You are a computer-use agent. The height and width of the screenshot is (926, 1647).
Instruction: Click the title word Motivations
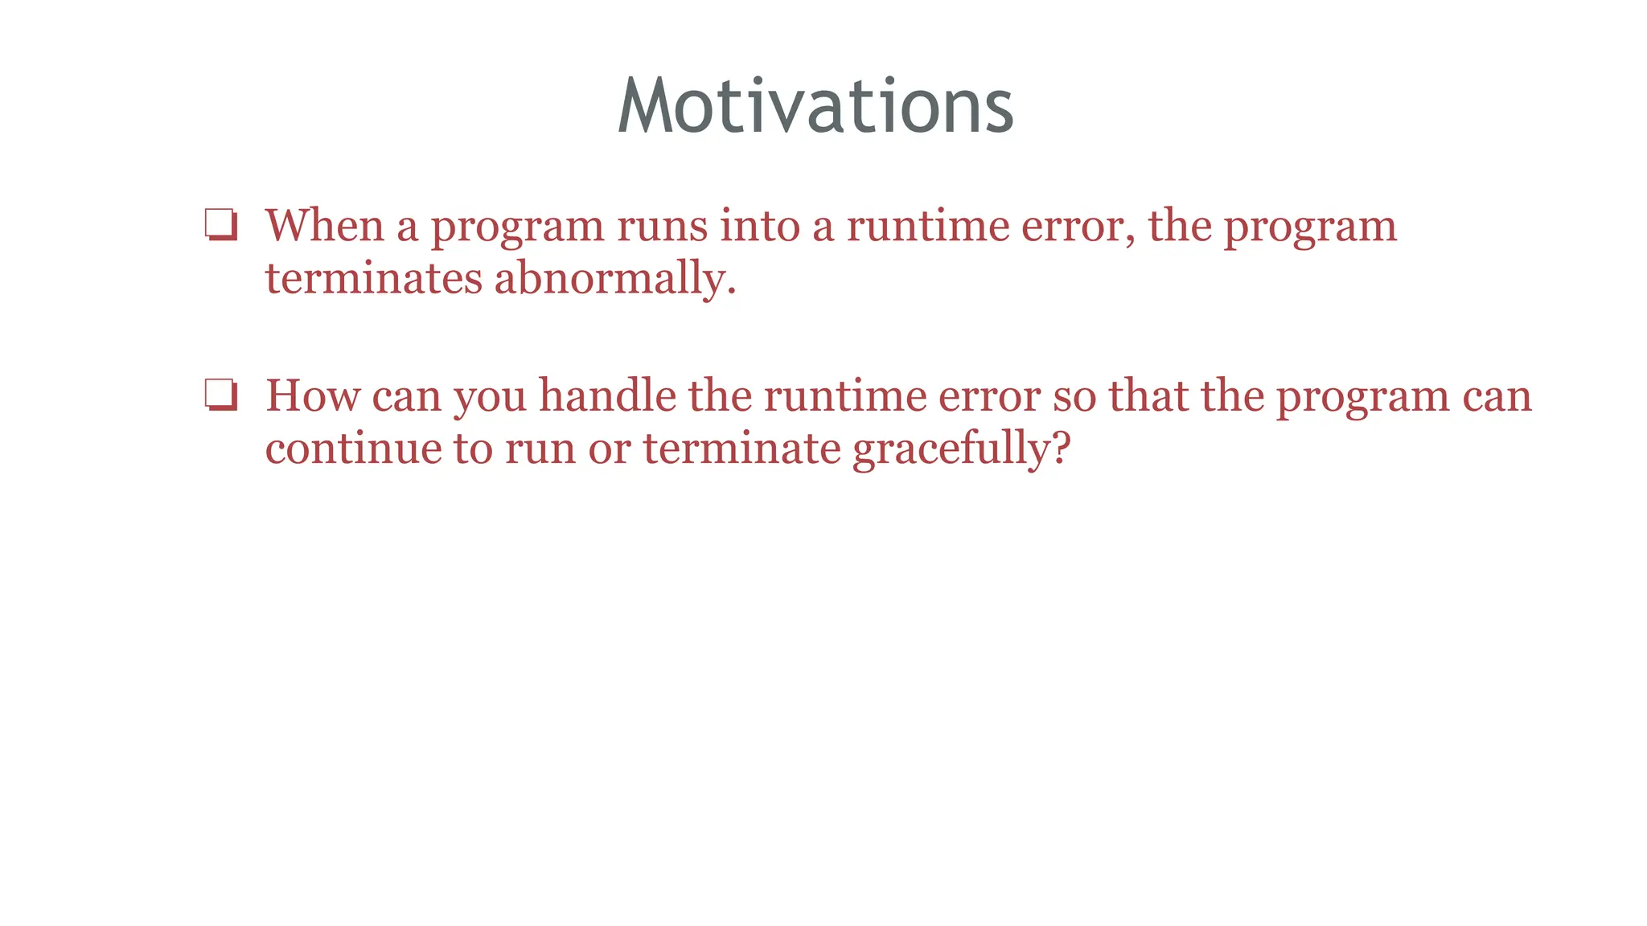(x=815, y=107)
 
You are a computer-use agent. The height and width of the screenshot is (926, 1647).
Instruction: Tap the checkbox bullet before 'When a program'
(x=221, y=225)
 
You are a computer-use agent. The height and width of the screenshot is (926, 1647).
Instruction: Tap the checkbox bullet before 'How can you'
(x=221, y=395)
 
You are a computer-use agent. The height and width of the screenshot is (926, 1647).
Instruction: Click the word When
(x=325, y=226)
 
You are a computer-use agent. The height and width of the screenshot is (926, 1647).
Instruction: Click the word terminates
(x=374, y=279)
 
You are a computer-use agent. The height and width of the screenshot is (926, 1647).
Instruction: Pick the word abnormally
(x=610, y=279)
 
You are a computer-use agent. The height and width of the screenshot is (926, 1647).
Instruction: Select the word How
(x=312, y=396)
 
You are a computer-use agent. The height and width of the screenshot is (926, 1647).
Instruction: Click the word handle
(x=607, y=396)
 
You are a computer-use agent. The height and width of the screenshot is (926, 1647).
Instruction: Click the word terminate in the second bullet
(x=741, y=449)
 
